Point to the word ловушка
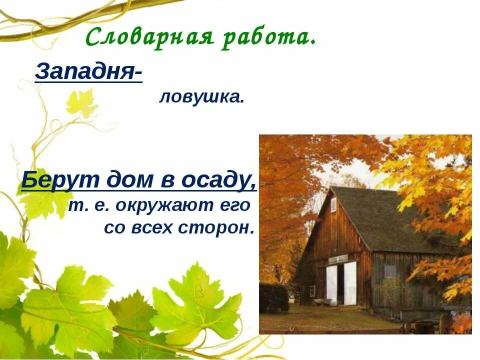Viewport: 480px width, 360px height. [201, 97]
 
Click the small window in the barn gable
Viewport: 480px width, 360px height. [333, 204]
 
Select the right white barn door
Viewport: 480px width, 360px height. [350, 282]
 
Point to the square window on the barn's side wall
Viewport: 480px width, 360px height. [389, 271]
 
